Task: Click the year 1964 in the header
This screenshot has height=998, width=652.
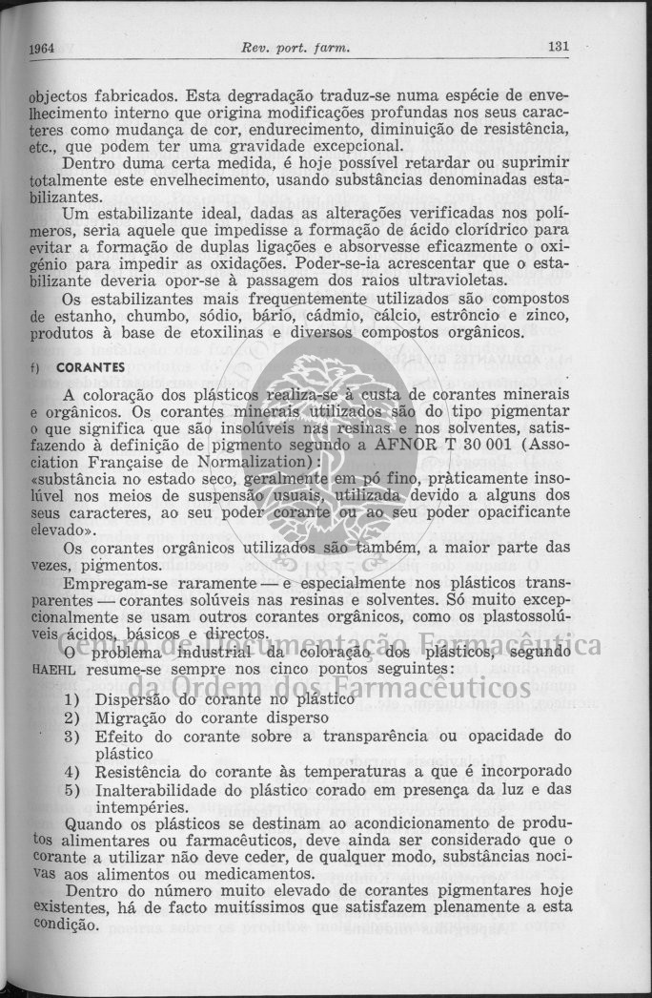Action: coord(40,49)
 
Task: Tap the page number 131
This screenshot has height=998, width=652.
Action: coord(559,47)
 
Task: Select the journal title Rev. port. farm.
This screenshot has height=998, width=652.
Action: coord(296,48)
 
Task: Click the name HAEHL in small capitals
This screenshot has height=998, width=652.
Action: coord(48,669)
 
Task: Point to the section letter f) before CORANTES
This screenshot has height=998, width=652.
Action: coord(35,366)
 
